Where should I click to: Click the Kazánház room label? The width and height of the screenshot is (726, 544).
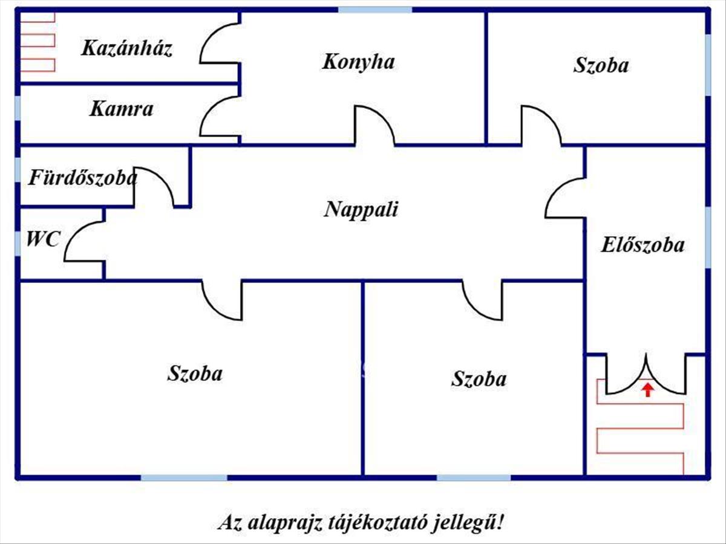(127, 48)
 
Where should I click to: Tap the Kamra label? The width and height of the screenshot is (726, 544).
(121, 109)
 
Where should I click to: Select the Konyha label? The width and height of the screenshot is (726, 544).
(358, 62)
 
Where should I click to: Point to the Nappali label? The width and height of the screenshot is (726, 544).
(361, 210)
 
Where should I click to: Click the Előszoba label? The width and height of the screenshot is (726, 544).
(643, 245)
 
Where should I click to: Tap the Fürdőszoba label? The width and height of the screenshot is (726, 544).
(83, 178)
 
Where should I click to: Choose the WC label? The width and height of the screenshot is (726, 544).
(42, 239)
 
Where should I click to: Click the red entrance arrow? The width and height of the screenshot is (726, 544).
(647, 390)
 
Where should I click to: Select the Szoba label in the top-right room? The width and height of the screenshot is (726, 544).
(601, 65)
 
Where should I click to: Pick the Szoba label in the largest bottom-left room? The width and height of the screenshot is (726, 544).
(195, 374)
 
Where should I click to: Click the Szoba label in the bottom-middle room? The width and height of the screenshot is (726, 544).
(479, 380)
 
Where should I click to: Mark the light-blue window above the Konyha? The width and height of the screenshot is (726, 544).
(374, 10)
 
